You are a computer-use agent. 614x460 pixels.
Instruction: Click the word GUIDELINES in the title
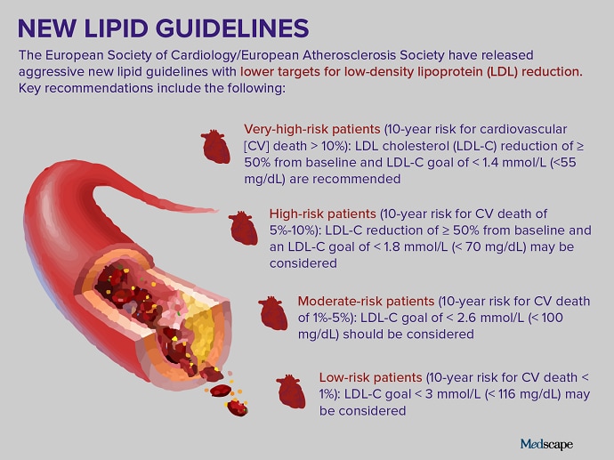coord(232,28)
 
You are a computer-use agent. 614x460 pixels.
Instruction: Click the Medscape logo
coord(546,444)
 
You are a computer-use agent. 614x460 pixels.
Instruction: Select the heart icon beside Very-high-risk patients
coord(215,147)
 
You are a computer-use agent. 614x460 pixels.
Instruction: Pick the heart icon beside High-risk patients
coord(243,229)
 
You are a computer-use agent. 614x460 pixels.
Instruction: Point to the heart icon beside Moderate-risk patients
coord(273,313)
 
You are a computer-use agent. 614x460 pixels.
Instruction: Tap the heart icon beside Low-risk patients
coord(291,391)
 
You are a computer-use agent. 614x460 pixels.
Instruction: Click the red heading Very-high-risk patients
coord(312,129)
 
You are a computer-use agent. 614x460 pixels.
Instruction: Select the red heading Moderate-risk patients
coord(366,301)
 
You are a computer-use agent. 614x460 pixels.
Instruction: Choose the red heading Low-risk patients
coord(370,377)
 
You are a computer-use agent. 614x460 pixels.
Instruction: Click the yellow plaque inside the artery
coord(201,325)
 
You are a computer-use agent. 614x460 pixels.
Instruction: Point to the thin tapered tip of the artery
coord(216,211)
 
